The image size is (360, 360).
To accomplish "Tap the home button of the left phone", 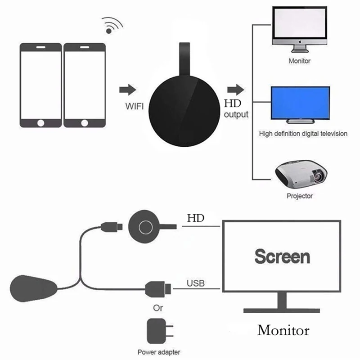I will click(x=41, y=122).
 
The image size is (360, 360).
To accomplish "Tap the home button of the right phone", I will click(x=84, y=122).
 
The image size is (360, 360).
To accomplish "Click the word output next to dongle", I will click(x=236, y=114).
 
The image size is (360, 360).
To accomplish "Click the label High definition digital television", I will click(x=303, y=134).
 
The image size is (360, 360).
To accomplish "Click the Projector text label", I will click(x=300, y=196).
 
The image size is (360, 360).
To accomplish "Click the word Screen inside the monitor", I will click(x=282, y=256).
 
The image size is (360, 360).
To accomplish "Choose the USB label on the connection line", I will click(x=195, y=283).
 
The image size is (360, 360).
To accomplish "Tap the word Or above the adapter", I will click(x=158, y=309).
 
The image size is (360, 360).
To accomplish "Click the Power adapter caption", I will click(x=160, y=353).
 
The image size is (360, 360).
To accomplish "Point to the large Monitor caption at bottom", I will click(x=283, y=330).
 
